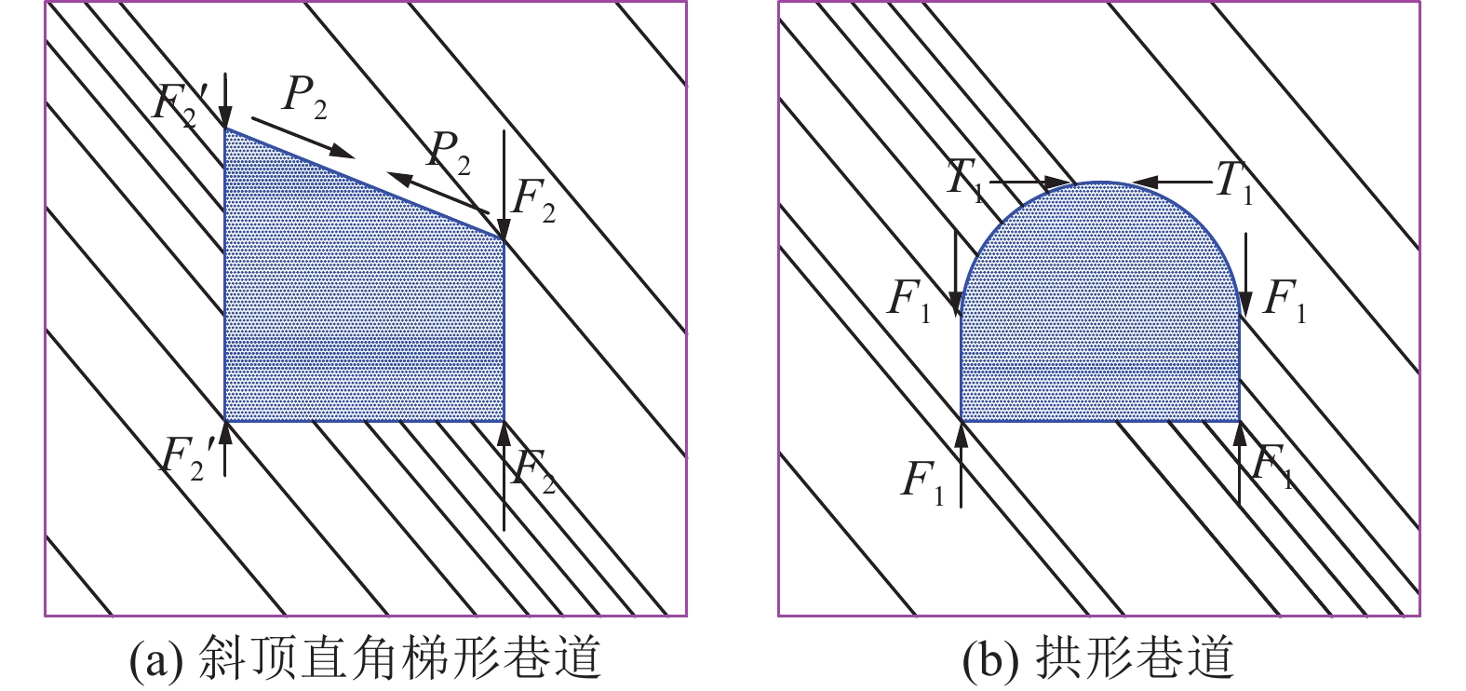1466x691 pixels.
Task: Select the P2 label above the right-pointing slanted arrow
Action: [x=304, y=98]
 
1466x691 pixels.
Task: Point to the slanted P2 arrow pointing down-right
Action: [x=303, y=138]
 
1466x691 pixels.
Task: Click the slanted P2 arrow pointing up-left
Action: [x=437, y=193]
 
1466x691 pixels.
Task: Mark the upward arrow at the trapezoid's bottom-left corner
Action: [x=225, y=449]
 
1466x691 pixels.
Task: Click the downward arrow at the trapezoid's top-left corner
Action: [x=225, y=101]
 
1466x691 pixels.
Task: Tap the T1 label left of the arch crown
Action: [x=964, y=181]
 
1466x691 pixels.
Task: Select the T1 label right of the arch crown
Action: [x=1234, y=183]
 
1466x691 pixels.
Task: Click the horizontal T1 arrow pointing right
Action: [x=1029, y=183]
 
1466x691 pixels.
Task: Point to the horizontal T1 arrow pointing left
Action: [x=1172, y=183]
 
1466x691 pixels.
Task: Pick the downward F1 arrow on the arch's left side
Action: [x=956, y=275]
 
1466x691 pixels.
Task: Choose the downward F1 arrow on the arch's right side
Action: [x=1245, y=275]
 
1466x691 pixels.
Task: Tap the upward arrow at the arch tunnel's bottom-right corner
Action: [x=1240, y=464]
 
